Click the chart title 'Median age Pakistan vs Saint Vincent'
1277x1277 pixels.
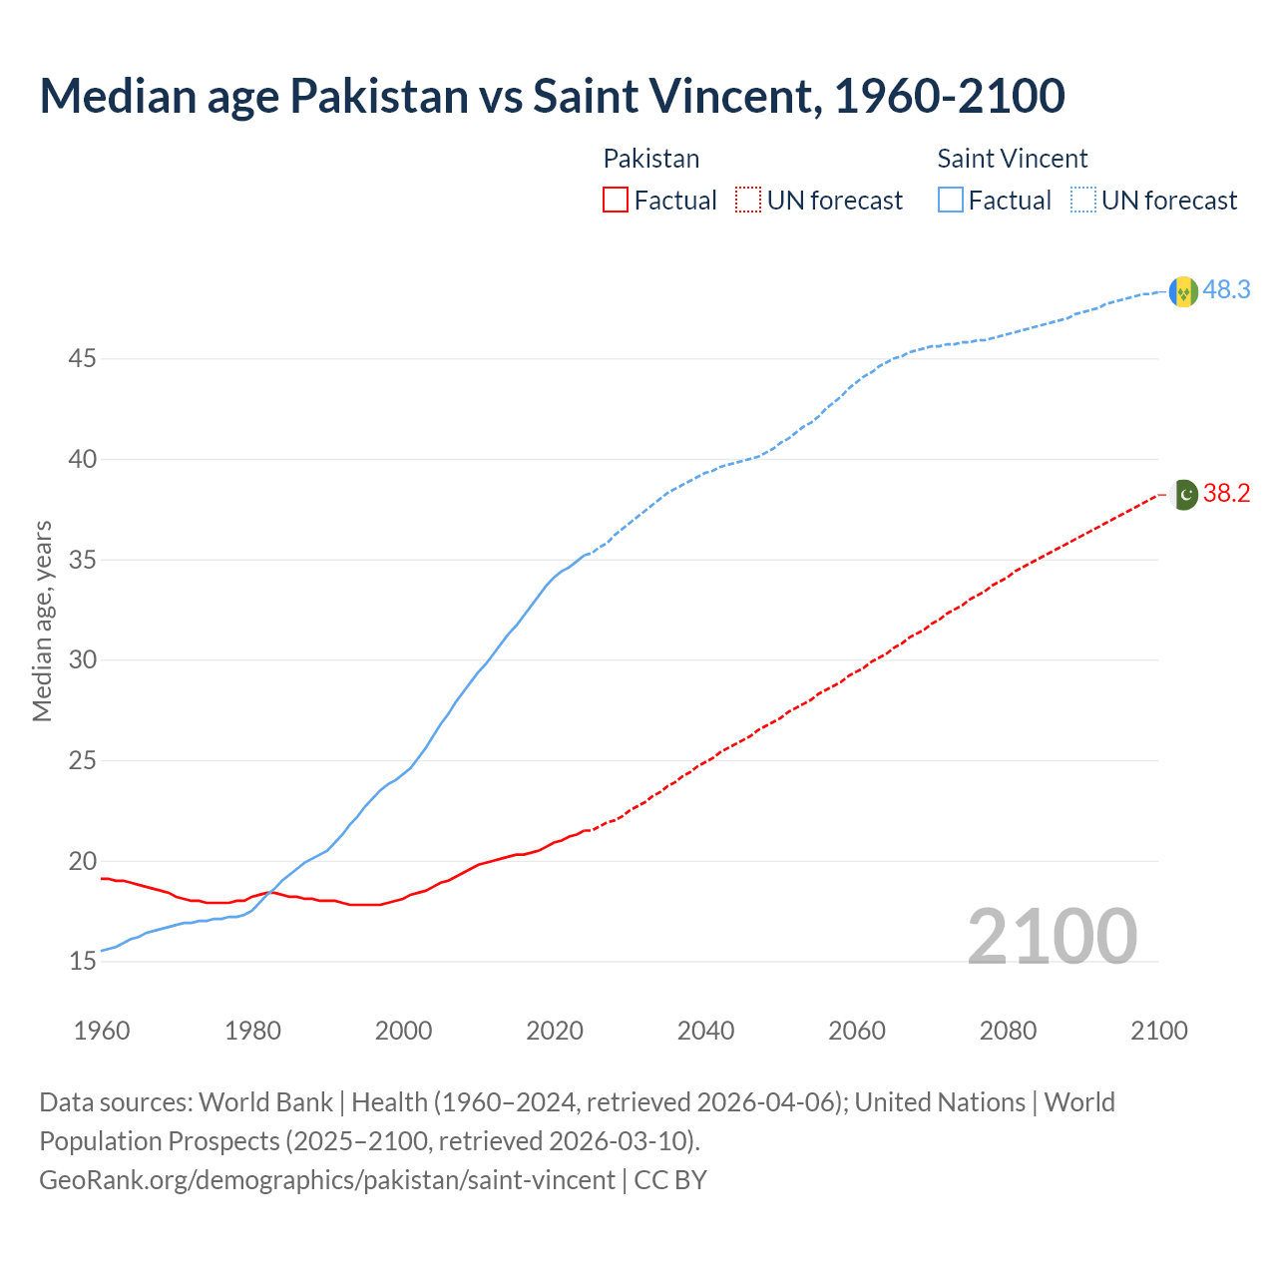[552, 96]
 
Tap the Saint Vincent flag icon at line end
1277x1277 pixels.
[1183, 291]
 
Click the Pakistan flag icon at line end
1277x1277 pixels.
[1183, 494]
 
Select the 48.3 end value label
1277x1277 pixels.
[1226, 290]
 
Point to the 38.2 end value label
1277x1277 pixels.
[1226, 494]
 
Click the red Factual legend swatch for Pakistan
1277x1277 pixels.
[616, 201]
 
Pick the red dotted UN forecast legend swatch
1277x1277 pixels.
[748, 201]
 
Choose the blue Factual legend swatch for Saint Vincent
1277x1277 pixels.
[951, 201]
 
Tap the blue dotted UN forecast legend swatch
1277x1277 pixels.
[1083, 201]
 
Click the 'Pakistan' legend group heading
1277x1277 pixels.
[651, 159]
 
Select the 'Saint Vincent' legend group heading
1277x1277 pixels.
[1012, 159]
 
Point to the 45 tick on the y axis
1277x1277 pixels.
[82, 358]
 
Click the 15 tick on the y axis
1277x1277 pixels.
[82, 962]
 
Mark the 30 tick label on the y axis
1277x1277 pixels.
[82, 660]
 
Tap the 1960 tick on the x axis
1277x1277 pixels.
[102, 1031]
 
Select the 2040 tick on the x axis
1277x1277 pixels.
[705, 1031]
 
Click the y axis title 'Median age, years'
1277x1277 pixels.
[42, 621]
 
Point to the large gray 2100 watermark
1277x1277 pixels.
[1053, 936]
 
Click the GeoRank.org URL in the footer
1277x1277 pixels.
[327, 1180]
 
